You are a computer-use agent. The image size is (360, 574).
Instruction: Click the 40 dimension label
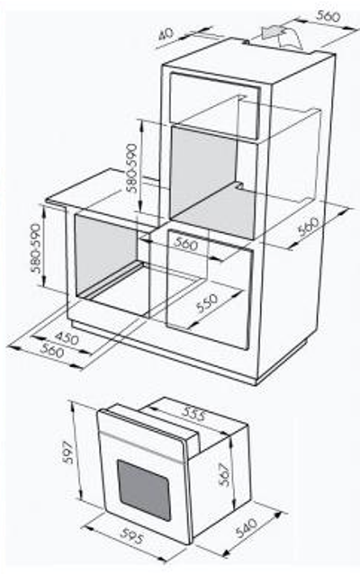point(166,34)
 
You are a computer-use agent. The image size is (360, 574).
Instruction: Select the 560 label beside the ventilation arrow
point(328,16)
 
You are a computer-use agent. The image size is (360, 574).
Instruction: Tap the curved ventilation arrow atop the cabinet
point(282,36)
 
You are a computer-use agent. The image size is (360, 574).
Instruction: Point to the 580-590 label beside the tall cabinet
point(131,168)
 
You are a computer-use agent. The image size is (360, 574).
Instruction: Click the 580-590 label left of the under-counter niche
point(37,247)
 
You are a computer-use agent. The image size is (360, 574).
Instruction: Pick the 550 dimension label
point(207,303)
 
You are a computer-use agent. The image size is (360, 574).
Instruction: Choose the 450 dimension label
point(67,337)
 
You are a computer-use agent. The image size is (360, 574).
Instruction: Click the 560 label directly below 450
point(52,351)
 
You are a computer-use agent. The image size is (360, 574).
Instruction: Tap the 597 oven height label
point(67,453)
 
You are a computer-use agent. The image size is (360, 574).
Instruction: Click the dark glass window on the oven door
point(144,489)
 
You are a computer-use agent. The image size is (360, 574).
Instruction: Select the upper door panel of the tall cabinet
point(215,106)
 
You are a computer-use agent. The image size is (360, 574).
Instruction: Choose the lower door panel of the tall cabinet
point(210,289)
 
